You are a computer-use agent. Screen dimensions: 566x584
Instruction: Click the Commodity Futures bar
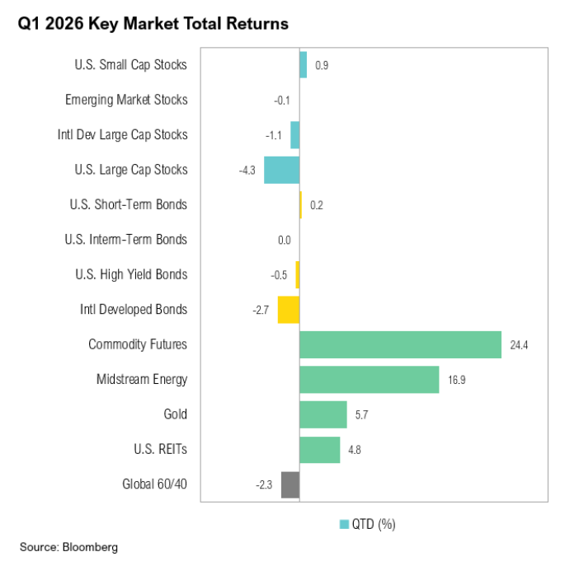(400, 344)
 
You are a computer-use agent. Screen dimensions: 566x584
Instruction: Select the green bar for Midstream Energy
(369, 380)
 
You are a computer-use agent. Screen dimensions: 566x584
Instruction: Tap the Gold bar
(323, 414)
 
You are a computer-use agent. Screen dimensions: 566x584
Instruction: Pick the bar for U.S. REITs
(319, 450)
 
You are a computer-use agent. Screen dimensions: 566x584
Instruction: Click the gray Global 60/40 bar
(290, 484)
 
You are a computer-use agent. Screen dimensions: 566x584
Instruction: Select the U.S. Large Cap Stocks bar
(281, 170)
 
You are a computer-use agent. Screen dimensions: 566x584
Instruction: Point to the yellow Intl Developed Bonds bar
(288, 310)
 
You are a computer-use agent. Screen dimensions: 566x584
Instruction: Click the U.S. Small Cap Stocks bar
(303, 65)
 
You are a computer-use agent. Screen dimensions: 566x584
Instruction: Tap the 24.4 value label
(519, 345)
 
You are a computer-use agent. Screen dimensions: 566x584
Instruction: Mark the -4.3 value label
(247, 171)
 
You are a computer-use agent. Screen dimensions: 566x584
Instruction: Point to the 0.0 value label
(285, 241)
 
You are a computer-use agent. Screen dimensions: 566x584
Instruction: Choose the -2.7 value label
(261, 311)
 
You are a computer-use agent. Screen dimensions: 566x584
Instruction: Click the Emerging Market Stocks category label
(126, 100)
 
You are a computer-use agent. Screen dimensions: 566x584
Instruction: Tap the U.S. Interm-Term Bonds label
(125, 240)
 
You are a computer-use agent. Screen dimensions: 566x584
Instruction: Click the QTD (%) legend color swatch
(344, 524)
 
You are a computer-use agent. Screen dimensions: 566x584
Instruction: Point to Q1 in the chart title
(29, 24)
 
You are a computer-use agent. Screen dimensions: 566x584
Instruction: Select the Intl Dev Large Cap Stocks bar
(294, 135)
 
